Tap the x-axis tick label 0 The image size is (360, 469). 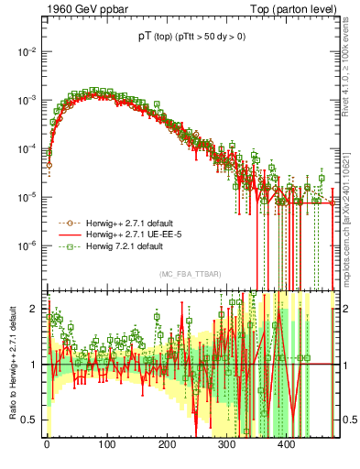point(47,444)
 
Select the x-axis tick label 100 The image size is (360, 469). point(107,444)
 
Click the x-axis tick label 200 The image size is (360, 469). point(167,444)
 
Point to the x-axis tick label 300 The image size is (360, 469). point(226,444)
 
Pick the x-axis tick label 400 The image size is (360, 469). point(287,444)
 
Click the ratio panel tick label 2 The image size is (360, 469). point(33,309)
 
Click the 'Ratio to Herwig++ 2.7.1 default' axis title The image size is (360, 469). point(11,365)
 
